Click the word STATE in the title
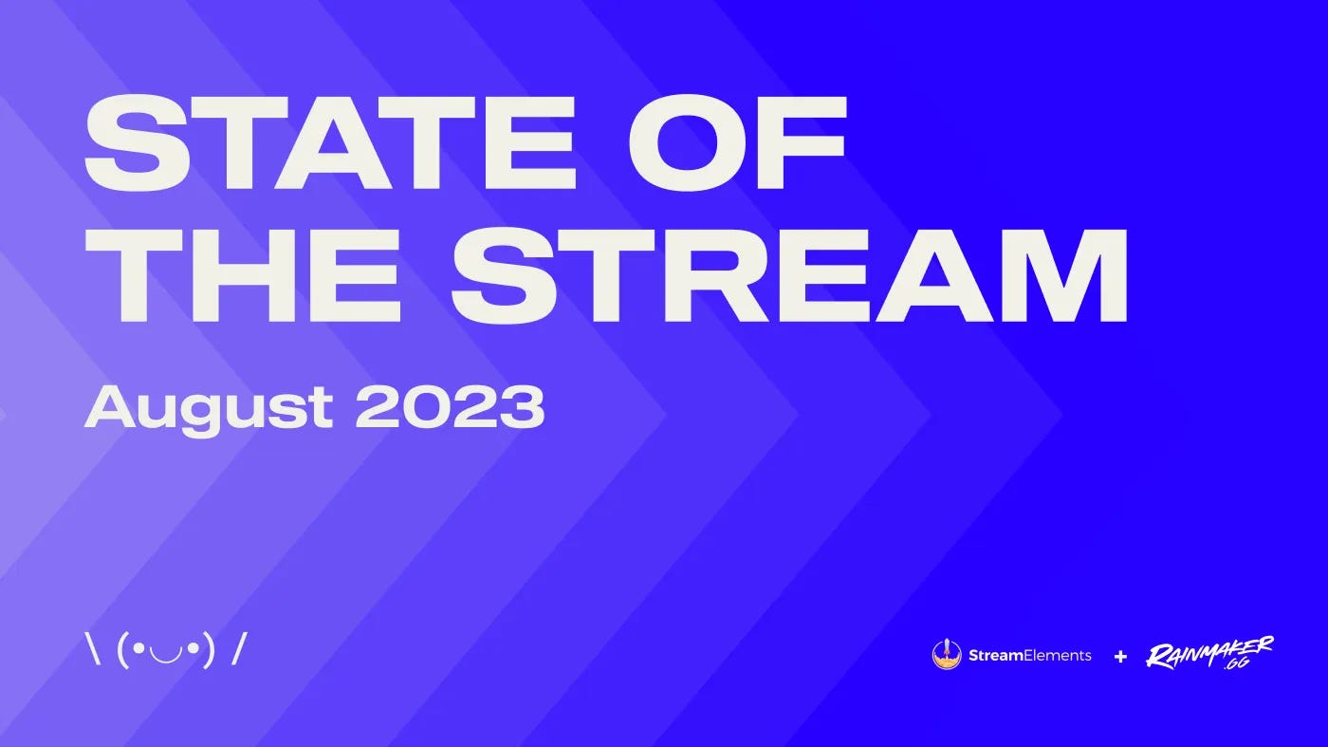(331, 142)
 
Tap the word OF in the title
(737, 142)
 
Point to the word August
(209, 409)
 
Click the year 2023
(450, 406)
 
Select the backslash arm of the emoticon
(93, 651)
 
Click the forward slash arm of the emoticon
(238, 650)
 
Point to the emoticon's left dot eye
(138, 649)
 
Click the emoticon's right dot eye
(193, 649)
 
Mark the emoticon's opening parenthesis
(123, 651)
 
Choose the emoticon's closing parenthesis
(208, 651)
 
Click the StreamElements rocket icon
(947, 654)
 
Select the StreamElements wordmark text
(1030, 655)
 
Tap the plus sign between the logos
(1120, 656)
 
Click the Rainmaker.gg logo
(1210, 654)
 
